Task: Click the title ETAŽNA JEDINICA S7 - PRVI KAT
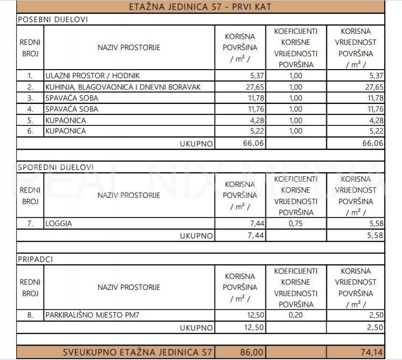(x=200, y=7)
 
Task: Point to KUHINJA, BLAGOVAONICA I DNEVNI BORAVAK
(x=123, y=87)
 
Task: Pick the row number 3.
(x=30, y=98)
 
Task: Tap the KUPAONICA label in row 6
(x=65, y=131)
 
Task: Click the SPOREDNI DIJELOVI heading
(x=55, y=167)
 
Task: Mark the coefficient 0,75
(x=296, y=223)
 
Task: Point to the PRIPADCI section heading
(x=35, y=259)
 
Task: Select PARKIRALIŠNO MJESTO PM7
(x=93, y=315)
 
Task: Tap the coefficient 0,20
(x=296, y=315)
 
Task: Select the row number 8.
(x=30, y=315)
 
